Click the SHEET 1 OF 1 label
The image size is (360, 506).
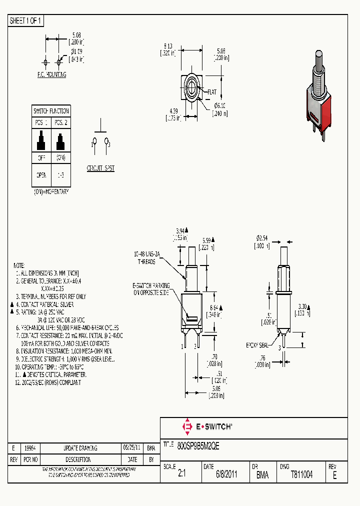[x=26, y=21]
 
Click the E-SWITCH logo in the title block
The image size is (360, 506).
[x=207, y=426]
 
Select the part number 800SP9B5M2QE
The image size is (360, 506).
[x=198, y=444]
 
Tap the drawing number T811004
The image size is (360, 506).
[x=301, y=475]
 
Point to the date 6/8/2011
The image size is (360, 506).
[x=226, y=475]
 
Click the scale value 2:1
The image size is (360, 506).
[x=181, y=475]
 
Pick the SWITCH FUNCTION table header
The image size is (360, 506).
[x=51, y=111]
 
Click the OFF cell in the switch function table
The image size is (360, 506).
[x=41, y=157]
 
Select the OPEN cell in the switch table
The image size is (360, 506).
[x=41, y=175]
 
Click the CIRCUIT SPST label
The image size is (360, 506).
[x=100, y=168]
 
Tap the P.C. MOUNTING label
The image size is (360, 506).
[x=51, y=75]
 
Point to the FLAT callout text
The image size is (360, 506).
[x=212, y=92]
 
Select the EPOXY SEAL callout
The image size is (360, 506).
[x=257, y=345]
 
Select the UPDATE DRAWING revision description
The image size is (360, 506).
[x=80, y=448]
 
